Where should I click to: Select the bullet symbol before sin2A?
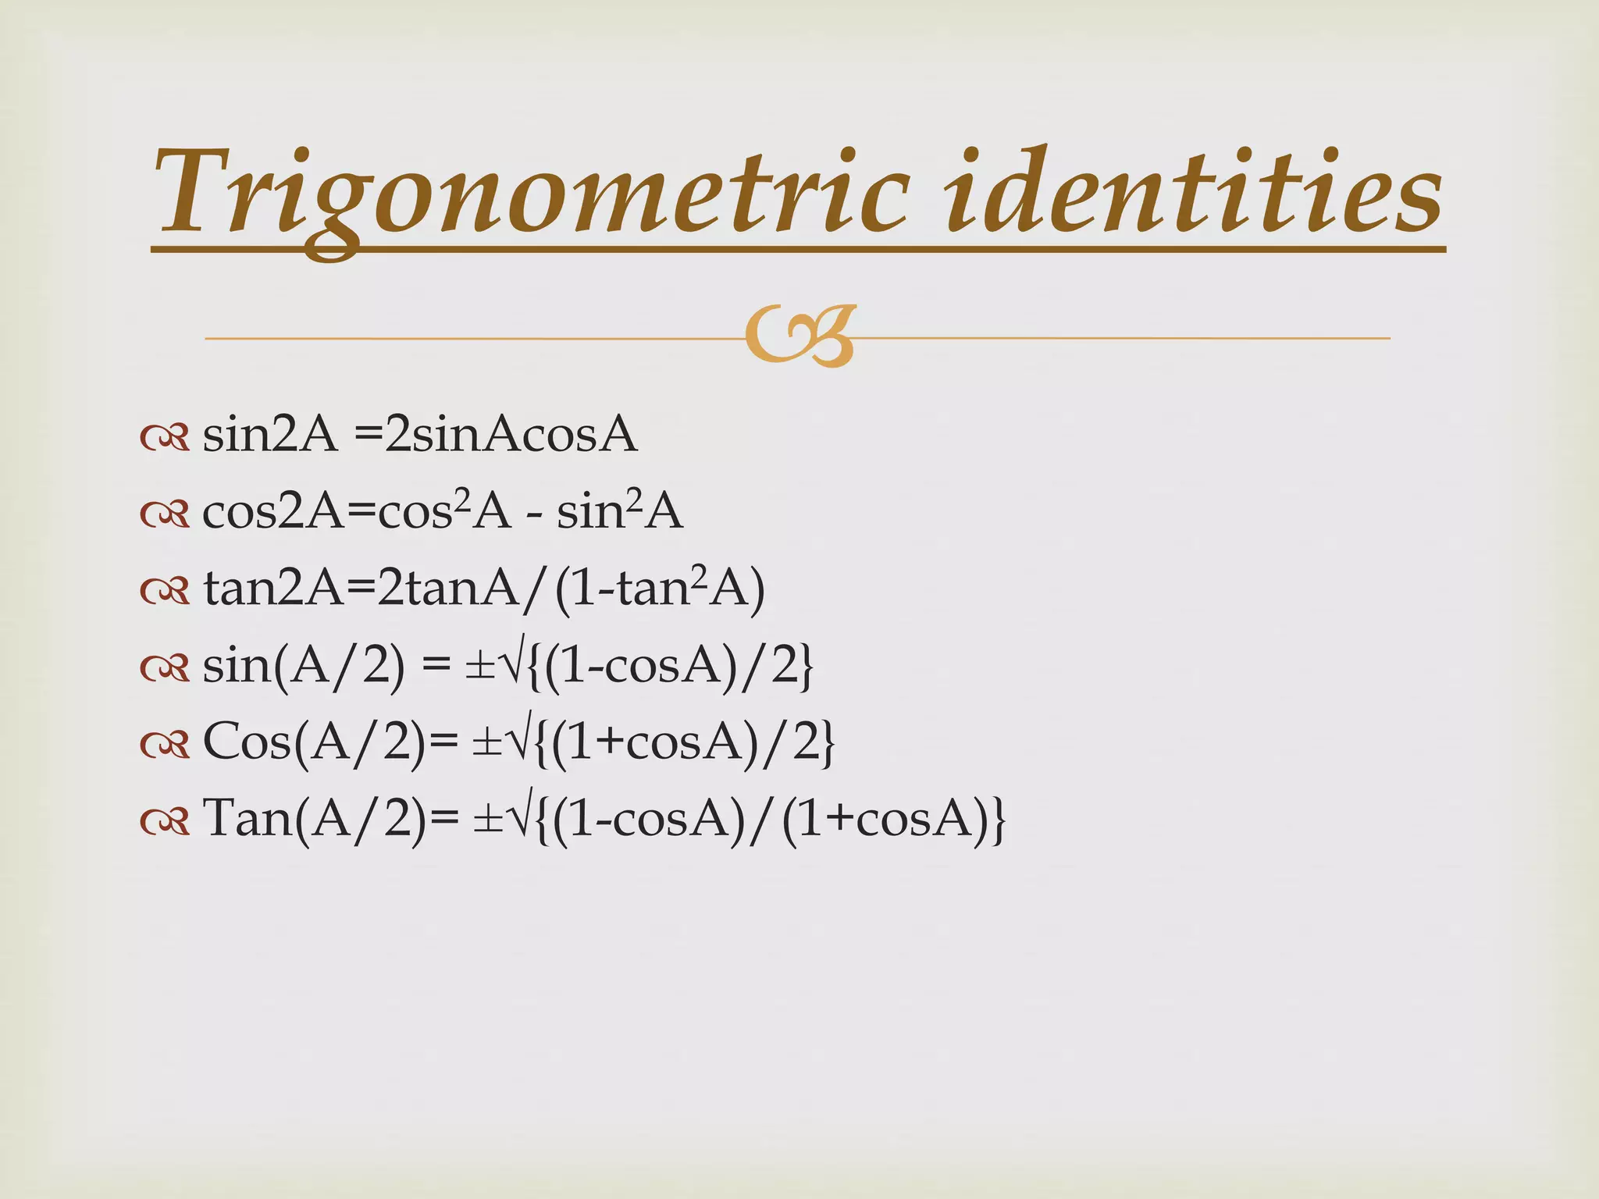pos(165,439)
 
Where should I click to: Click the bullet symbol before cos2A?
pos(165,515)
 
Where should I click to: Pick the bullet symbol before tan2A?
pos(165,592)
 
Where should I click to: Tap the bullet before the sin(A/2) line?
pos(165,668)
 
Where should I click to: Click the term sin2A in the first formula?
pos(270,435)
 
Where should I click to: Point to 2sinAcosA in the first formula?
pos(511,435)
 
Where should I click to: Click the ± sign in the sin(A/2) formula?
pos(479,668)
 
